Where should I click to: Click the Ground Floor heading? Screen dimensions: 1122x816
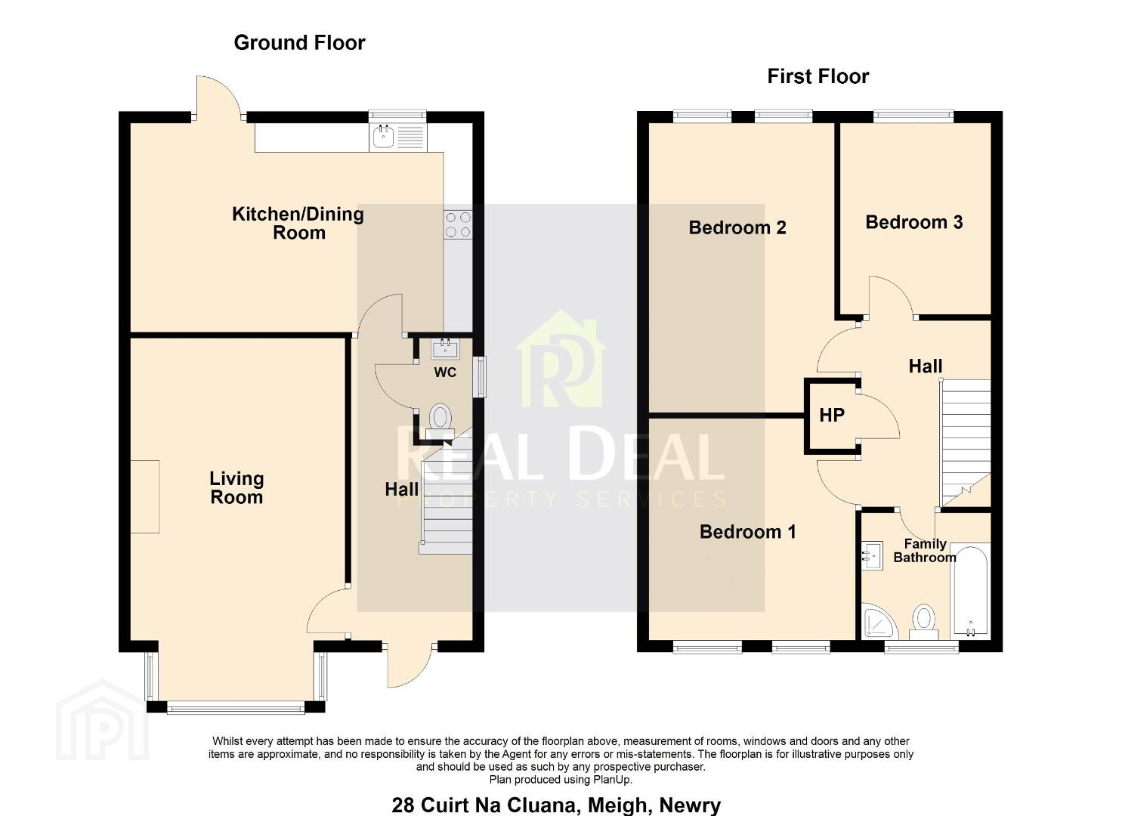pos(299,43)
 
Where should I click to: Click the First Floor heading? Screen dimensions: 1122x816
pos(818,76)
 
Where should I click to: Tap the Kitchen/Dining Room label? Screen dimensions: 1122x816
pos(298,224)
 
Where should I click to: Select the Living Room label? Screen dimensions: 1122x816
pos(236,488)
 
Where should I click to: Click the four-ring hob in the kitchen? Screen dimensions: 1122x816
pos(458,224)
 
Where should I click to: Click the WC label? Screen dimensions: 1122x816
pos(445,372)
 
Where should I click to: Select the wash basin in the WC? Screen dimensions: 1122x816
pos(445,348)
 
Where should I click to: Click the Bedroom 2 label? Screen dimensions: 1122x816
pos(737,228)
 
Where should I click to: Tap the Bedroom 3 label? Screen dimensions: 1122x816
pos(914,222)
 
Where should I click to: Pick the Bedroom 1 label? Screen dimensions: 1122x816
pos(748,532)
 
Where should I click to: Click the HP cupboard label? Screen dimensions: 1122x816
pos(832,415)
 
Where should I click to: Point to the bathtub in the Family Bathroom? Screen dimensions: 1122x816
pos(970,592)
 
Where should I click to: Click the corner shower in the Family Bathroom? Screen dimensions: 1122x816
pos(876,621)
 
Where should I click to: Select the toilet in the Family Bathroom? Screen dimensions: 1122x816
pos(923,622)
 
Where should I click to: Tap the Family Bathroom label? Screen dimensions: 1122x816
pos(925,551)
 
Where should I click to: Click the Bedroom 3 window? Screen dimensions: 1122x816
pos(913,116)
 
